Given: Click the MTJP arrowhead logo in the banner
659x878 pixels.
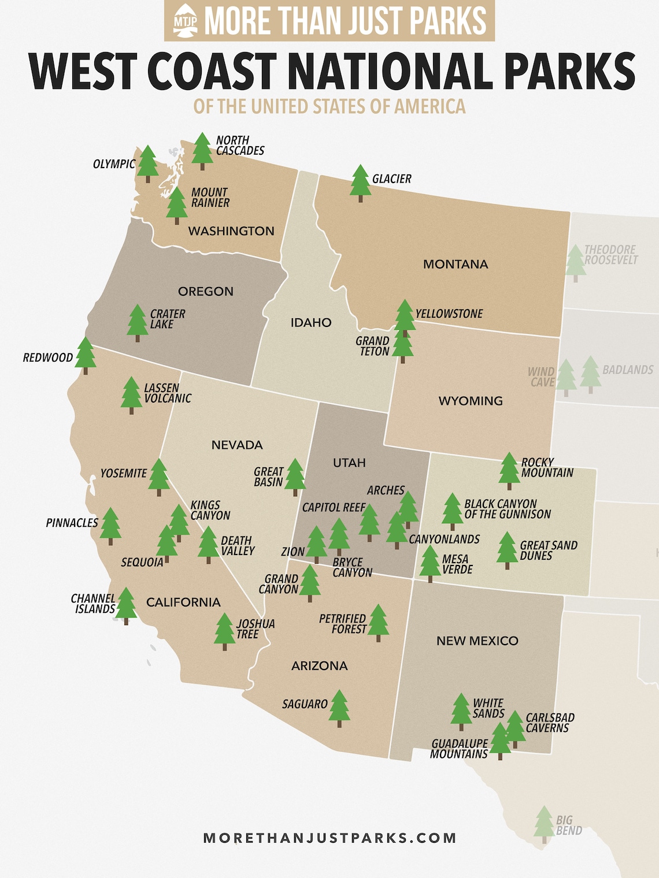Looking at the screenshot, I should [186, 20].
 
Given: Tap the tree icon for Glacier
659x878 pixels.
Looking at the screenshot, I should [360, 183].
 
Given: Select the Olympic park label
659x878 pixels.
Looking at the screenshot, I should [114, 164].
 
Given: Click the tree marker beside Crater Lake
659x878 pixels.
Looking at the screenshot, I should [138, 322].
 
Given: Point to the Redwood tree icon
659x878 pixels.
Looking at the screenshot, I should [86, 355].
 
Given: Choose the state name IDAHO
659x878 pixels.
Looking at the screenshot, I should [311, 322].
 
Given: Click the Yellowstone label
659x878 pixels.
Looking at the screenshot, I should [449, 314].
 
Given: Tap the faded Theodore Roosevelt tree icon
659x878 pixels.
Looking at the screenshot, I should [575, 262].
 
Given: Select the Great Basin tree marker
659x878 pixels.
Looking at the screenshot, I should [295, 477].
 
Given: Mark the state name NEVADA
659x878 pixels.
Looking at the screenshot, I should [237, 445].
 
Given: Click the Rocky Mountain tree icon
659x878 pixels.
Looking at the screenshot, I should [509, 470].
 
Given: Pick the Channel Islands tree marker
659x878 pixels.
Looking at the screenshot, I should [126, 605].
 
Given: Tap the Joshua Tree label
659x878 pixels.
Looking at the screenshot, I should [256, 629].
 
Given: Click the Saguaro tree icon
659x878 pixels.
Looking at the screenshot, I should [339, 708].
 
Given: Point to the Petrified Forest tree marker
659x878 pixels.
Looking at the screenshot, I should [378, 622].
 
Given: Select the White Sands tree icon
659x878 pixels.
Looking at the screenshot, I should [461, 711].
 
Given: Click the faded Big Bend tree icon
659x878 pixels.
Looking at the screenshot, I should [544, 824].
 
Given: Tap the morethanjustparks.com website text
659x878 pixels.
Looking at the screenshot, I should [329, 838].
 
